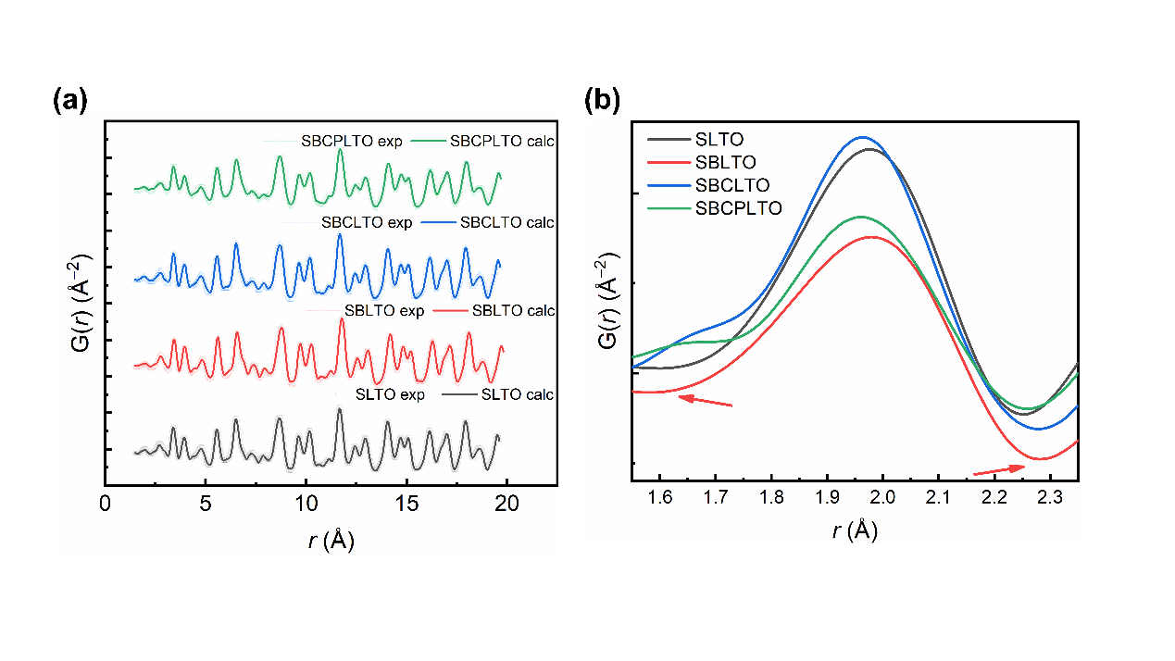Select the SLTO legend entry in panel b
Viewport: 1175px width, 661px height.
[x=719, y=139]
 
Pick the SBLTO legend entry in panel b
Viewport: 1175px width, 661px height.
[x=725, y=162]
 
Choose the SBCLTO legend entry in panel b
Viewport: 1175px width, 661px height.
[x=731, y=185]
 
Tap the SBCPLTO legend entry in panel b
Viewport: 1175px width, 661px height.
[x=738, y=208]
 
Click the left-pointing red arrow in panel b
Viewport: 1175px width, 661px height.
[x=705, y=400]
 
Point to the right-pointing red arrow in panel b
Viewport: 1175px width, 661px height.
[x=999, y=469]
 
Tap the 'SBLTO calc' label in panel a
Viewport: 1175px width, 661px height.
[x=513, y=311]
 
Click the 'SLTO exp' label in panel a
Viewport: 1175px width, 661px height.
[x=390, y=395]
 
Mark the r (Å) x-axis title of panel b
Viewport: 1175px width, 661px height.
[x=855, y=530]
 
